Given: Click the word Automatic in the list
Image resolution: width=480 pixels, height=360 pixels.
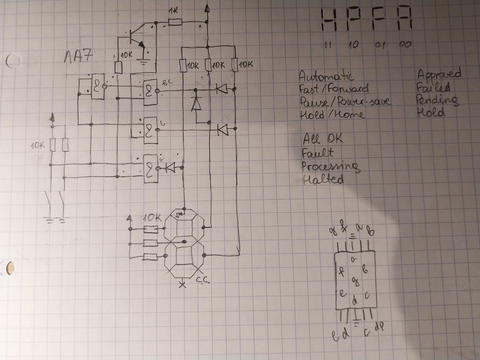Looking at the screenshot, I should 326,75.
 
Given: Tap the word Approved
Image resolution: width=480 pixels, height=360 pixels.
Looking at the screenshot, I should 439,74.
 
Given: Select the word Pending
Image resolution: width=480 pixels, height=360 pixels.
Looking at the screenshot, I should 437,100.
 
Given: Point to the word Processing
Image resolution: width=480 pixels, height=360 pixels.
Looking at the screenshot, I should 330,166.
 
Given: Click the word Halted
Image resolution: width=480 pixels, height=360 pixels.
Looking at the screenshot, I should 323,179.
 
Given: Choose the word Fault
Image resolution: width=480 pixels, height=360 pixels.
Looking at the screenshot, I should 318,153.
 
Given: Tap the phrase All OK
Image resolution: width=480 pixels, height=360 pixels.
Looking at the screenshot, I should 322,139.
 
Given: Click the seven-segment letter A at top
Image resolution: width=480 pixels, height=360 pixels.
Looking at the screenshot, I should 405,21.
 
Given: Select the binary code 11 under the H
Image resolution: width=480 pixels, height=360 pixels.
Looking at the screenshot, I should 328,45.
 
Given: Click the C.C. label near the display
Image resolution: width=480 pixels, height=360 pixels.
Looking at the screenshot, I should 202,280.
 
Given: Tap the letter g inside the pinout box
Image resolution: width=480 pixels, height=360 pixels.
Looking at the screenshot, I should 355,281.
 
